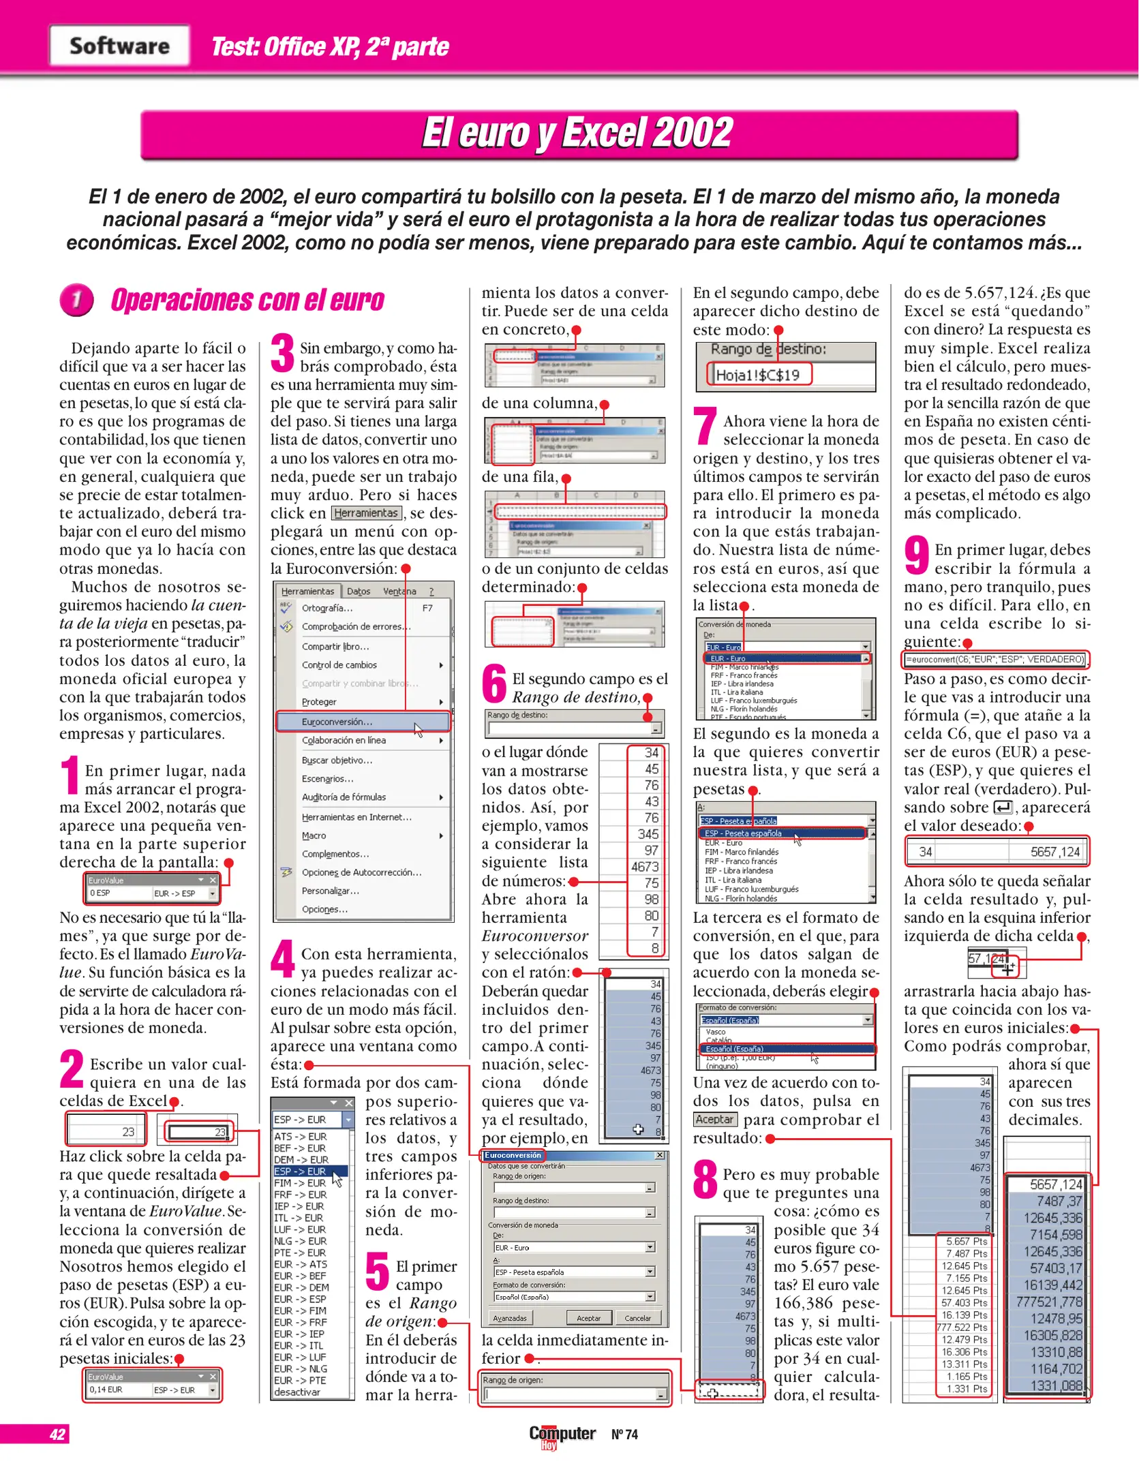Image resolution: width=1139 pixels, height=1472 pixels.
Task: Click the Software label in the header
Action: (x=119, y=46)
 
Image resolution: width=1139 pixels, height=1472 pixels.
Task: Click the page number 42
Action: (x=57, y=1434)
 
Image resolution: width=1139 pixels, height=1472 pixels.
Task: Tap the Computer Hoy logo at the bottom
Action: (x=562, y=1435)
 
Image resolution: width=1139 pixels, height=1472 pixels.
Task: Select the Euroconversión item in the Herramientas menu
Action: (x=337, y=721)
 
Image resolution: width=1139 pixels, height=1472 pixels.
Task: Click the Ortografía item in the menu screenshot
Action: (x=327, y=608)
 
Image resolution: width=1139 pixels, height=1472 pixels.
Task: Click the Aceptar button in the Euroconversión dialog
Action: (x=589, y=1318)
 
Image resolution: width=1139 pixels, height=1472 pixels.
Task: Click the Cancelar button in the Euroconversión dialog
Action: (x=638, y=1318)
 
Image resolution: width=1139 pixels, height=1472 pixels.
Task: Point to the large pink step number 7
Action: (x=705, y=426)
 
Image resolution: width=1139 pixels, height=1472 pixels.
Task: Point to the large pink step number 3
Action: (x=282, y=353)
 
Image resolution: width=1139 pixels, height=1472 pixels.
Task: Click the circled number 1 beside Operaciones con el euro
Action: (x=77, y=300)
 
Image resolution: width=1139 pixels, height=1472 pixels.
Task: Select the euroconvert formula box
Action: (x=994, y=659)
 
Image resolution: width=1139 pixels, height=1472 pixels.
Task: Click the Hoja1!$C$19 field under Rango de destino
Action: (x=758, y=374)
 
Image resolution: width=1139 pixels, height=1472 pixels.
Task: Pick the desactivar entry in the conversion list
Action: (x=297, y=1392)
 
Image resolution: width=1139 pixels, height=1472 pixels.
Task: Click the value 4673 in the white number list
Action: (x=644, y=867)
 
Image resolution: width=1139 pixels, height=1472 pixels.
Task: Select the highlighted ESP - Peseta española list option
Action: (x=743, y=833)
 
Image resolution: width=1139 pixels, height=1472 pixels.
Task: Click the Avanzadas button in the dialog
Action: (x=510, y=1318)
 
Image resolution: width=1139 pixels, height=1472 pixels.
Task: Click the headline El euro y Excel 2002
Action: (x=577, y=133)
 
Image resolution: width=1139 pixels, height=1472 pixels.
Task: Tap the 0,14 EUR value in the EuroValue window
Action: (x=106, y=1390)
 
